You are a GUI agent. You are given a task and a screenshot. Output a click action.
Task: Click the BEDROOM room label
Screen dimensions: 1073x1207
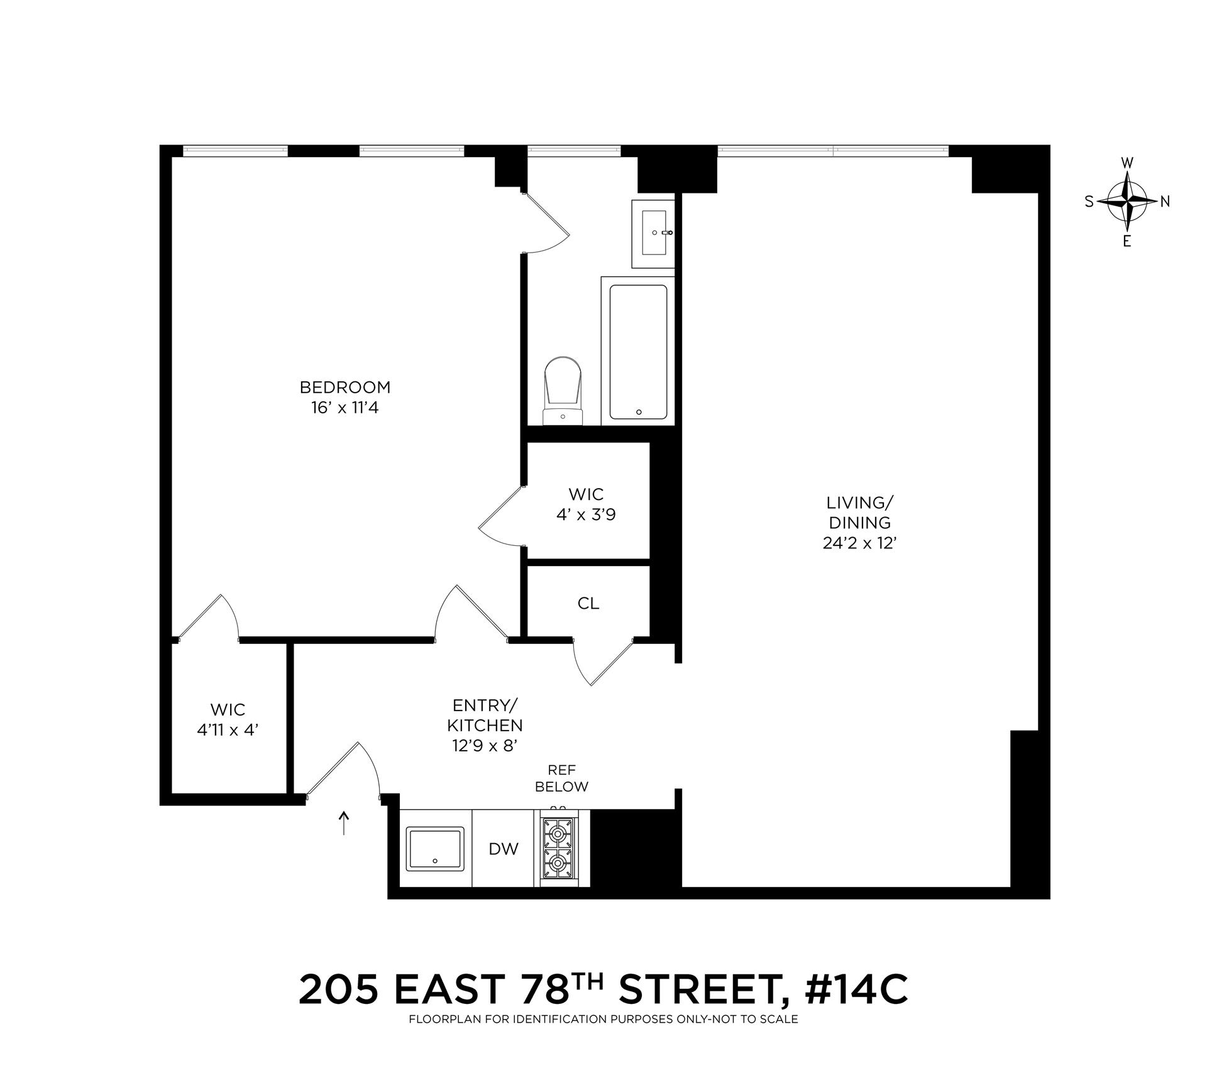tap(344, 387)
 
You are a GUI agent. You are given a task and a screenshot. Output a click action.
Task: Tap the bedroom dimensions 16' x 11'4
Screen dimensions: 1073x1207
tap(344, 408)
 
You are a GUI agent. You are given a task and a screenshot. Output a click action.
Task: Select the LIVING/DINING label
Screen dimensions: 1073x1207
tap(859, 513)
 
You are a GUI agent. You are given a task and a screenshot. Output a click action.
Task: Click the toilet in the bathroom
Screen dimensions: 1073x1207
tap(562, 389)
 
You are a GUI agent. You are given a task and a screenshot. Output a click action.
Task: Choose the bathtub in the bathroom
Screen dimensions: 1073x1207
tap(638, 352)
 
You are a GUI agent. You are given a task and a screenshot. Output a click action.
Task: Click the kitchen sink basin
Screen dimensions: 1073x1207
tap(435, 849)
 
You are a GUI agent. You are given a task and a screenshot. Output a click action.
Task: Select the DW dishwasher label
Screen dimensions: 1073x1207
tap(504, 849)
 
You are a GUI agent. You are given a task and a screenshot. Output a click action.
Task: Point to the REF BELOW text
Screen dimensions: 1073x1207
tap(562, 778)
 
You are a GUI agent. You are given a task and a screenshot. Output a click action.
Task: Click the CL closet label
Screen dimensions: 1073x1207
tap(588, 604)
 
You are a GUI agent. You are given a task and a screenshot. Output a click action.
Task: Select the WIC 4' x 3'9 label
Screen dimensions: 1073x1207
tap(586, 504)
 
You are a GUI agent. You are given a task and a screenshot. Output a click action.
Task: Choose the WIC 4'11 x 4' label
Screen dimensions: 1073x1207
tap(228, 720)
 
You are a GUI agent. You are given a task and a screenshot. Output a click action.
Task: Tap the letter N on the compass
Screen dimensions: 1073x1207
tap(1165, 202)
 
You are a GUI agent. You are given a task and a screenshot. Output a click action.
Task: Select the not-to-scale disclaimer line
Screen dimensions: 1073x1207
tap(603, 1020)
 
